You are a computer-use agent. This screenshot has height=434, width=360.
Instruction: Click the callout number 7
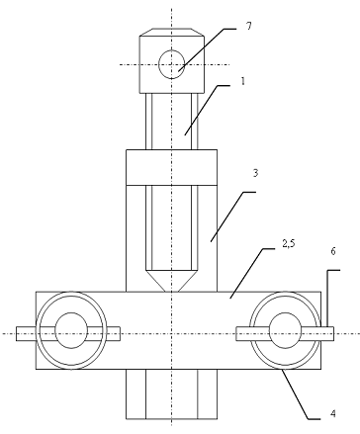click(249, 26)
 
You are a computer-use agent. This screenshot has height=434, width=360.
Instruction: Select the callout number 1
click(243, 81)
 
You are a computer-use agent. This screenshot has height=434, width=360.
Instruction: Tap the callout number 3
click(255, 173)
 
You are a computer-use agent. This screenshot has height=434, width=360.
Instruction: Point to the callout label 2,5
click(289, 244)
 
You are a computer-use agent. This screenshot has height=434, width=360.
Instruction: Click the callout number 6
click(333, 251)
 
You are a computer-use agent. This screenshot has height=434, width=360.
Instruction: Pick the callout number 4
click(333, 413)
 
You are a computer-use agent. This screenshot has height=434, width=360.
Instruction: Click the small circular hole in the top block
click(171, 64)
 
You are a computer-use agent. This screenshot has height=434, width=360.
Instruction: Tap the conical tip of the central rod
click(171, 280)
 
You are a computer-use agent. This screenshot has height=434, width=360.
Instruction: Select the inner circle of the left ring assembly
click(71, 330)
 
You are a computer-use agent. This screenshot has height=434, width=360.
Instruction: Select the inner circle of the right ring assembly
click(285, 330)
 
